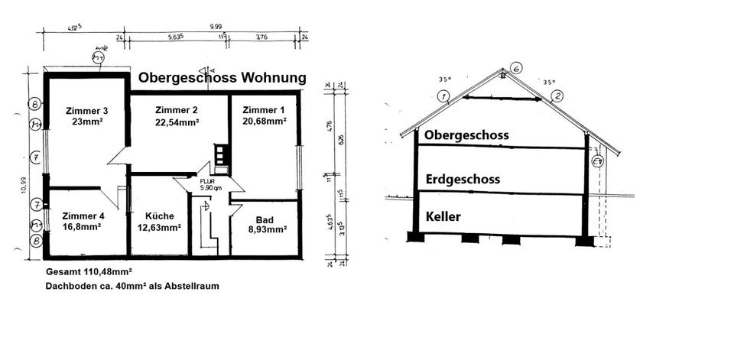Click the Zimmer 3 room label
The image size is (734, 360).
click(87, 109)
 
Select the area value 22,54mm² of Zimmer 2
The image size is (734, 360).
click(177, 122)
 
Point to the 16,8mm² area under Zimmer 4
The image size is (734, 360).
click(83, 227)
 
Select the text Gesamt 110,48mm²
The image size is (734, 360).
click(89, 272)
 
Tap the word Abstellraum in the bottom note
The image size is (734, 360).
click(194, 286)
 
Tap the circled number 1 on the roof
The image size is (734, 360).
click(442, 96)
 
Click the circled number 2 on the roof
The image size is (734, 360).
click(557, 96)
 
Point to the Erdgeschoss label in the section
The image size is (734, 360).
click(462, 180)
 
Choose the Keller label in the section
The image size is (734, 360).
click(443, 216)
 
